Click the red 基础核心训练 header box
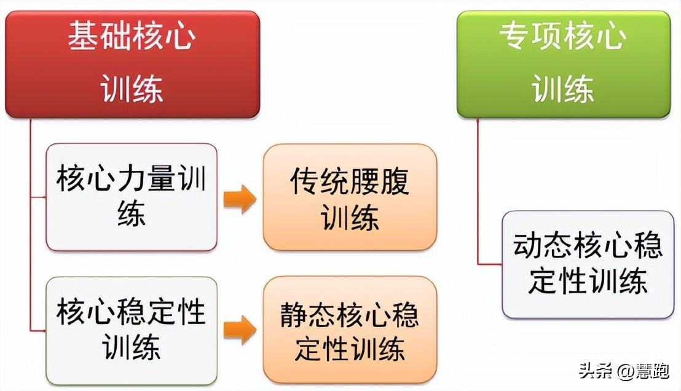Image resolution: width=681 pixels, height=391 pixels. [133, 65]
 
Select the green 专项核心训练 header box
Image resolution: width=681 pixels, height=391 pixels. [564, 65]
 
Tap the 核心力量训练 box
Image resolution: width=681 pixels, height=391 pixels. [132, 197]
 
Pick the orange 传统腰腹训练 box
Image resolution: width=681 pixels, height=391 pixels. [350, 197]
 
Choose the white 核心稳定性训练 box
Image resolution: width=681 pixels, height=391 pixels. [132, 331]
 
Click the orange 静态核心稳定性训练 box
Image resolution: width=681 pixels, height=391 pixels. [350, 330]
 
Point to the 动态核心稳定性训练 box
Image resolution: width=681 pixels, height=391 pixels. [588, 264]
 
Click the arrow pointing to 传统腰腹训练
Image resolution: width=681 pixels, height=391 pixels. [240, 199]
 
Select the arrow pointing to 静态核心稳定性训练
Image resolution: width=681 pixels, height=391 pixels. [240, 330]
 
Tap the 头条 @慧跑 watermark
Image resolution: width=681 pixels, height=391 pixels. [624, 371]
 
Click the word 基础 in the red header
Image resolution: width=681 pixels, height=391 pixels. [100, 36]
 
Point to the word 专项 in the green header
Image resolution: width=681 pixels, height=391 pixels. [531, 36]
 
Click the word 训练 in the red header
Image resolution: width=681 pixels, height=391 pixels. [132, 89]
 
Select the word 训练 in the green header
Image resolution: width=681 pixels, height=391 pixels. [564, 89]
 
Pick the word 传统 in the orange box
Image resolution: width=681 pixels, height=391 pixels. [320, 181]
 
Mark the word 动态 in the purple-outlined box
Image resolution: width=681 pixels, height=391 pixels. [543, 246]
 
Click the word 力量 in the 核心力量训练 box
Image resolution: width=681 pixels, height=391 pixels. [146, 178]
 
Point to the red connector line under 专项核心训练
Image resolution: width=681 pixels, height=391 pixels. [478, 191]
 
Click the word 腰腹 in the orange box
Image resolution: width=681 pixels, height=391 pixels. [380, 181]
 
